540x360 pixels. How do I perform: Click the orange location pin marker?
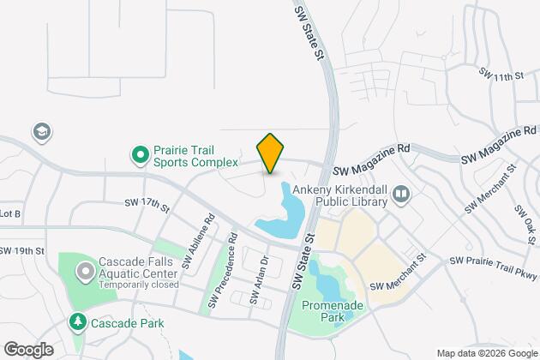coord(270,154)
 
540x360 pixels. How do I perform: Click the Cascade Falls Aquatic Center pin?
coord(84,272)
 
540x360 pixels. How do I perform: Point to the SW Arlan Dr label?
coord(260,279)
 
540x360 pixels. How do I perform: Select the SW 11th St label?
coord(503,76)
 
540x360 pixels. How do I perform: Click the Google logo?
coord(28,349)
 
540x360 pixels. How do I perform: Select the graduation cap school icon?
coord(40,132)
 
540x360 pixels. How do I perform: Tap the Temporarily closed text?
coord(139,285)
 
